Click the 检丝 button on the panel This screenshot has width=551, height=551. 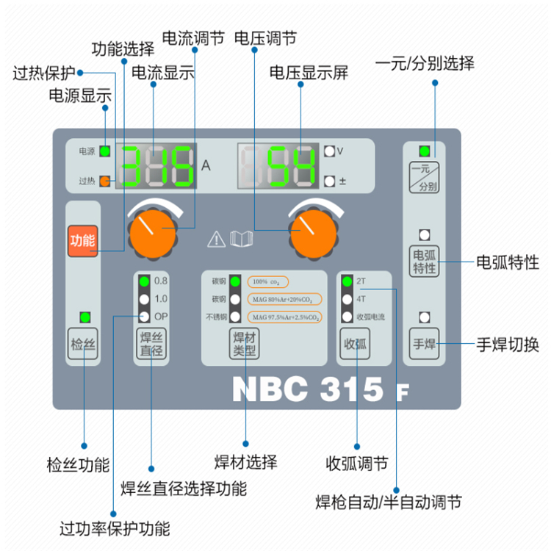tap(83, 345)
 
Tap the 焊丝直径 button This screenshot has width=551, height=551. tap(152, 345)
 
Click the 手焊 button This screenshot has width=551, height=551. tap(424, 342)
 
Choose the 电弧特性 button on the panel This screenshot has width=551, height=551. tap(424, 261)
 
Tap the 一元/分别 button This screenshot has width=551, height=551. tap(424, 179)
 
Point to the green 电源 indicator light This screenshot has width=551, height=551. tap(105, 151)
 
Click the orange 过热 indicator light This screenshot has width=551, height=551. tap(105, 181)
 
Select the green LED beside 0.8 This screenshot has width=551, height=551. tap(144, 281)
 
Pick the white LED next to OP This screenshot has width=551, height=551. tap(144, 317)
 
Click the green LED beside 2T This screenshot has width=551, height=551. tap(347, 281)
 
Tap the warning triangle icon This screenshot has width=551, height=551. tap(217, 239)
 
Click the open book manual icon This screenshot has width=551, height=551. tap(241, 239)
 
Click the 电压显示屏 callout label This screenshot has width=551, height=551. tap(309, 72)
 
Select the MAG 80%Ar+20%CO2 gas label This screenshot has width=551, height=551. tap(282, 300)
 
